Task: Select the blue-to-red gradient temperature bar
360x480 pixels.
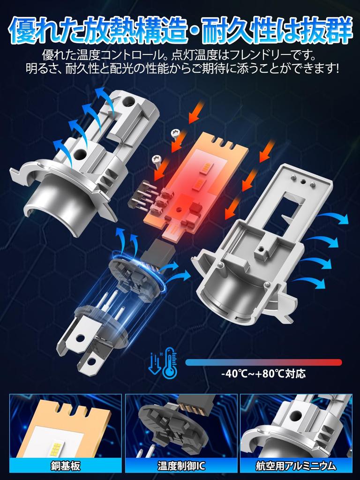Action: (x=263, y=362)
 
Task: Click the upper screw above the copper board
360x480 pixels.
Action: (x=177, y=134)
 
